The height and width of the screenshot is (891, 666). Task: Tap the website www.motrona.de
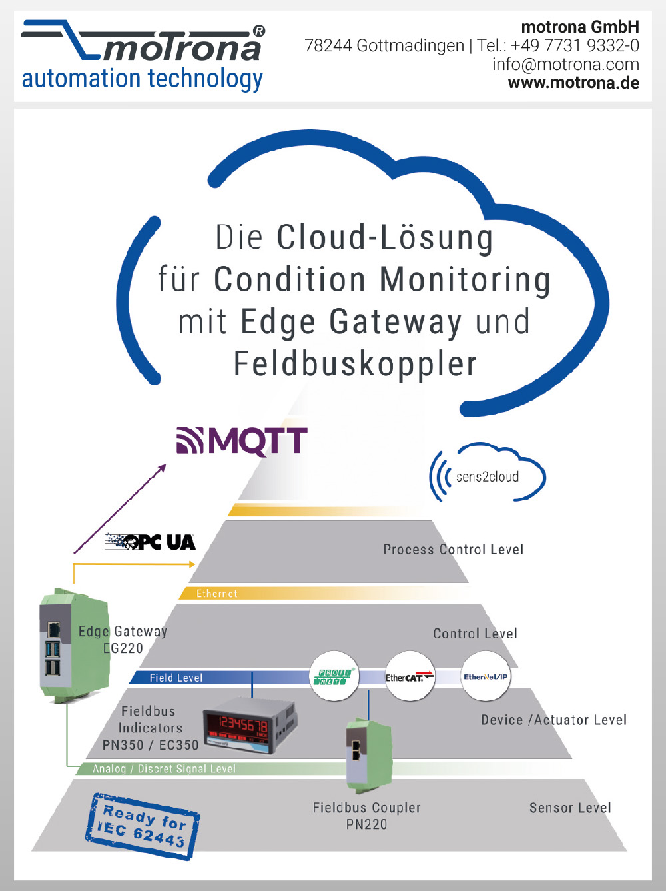573,83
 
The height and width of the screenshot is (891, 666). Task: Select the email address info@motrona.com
565,65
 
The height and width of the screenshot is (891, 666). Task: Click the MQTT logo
242,441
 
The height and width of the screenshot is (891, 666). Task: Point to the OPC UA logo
151,542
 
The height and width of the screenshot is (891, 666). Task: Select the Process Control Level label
453,550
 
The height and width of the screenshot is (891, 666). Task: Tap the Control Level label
475,634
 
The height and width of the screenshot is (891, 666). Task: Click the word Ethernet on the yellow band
216,594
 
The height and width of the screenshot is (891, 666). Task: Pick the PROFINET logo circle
334,677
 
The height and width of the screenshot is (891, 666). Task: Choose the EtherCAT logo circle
410,677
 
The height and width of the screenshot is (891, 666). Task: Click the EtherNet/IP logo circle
486,677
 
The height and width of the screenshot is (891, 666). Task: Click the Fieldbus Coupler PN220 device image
368,756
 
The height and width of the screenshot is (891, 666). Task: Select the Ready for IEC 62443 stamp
143,825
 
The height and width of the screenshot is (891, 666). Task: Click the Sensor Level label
570,808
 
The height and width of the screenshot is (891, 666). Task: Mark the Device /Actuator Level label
553,720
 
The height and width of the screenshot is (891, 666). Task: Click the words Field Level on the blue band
176,678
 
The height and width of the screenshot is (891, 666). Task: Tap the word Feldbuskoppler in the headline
355,365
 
